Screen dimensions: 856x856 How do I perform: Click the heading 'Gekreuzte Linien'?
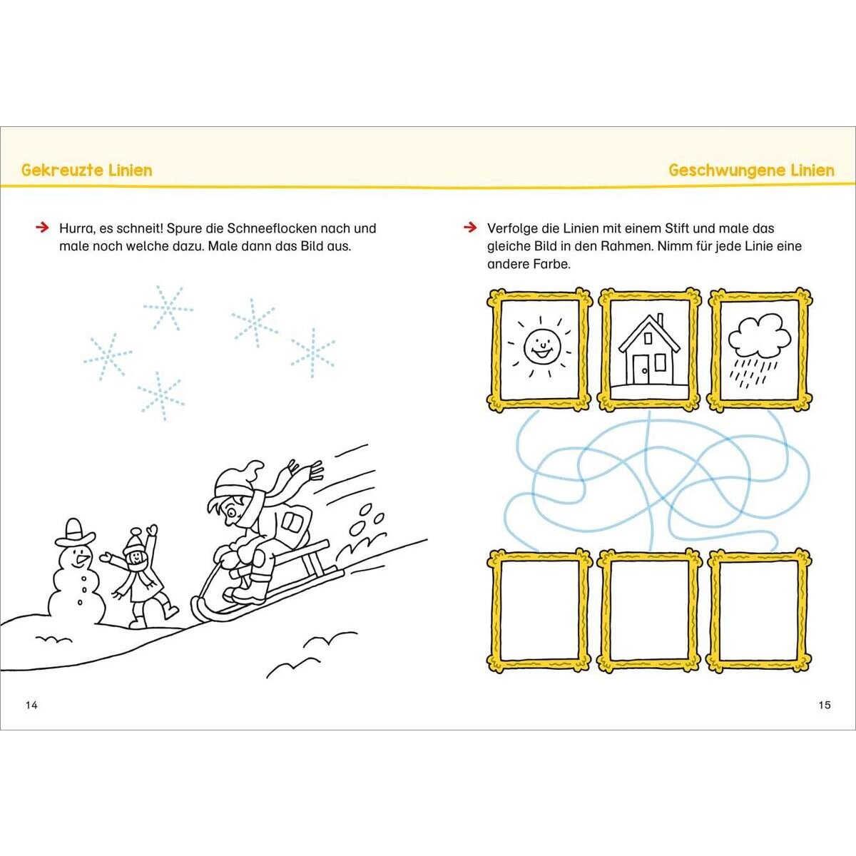[x=86, y=170]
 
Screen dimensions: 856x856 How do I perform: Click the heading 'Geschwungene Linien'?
[x=752, y=170]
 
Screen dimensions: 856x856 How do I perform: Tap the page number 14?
[x=31, y=705]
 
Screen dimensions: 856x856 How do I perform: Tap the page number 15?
[x=825, y=705]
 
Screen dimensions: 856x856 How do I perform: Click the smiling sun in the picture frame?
[x=541, y=346]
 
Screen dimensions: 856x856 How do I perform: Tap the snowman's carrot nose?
[x=82, y=559]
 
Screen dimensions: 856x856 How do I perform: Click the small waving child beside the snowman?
[x=138, y=578]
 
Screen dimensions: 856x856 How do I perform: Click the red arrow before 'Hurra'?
[x=42, y=228]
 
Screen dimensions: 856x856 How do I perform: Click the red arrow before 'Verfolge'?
[x=470, y=228]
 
